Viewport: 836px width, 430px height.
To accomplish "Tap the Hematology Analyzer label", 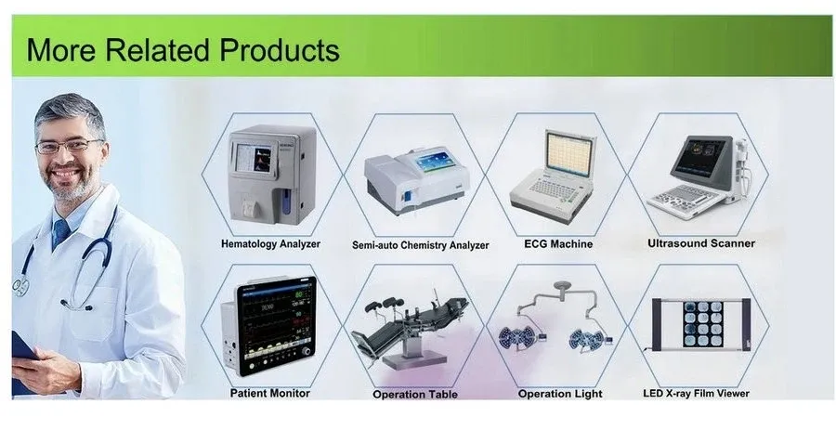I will (270, 244).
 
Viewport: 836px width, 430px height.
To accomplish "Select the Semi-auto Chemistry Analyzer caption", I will (420, 246).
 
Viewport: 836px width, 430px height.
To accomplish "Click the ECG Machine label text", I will (557, 244).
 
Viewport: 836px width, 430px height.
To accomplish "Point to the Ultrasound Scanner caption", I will (700, 243).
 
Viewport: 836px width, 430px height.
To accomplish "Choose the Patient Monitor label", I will (270, 393).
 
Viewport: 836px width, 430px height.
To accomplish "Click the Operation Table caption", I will (415, 394).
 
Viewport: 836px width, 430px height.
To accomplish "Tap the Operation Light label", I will (558, 393).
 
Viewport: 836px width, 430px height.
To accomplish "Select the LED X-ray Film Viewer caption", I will (696, 393).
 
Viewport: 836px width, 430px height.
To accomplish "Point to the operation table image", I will (414, 330).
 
